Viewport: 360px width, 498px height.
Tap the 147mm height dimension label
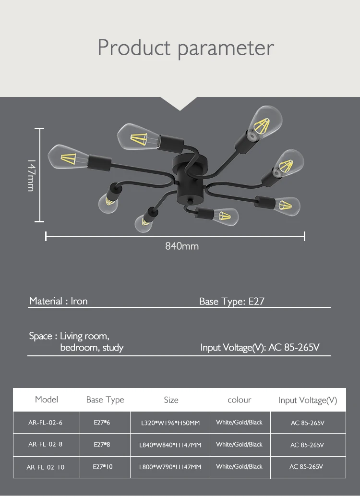31,175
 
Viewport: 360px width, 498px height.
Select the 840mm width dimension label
182,246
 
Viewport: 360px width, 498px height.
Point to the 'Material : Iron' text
58,302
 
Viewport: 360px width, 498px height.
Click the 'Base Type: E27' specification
232,302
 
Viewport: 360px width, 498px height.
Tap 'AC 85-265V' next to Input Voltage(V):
293,347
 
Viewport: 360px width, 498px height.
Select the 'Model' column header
47,400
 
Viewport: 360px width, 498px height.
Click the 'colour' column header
239,400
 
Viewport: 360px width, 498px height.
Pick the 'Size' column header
171,400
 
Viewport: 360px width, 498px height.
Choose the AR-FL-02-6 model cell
45,423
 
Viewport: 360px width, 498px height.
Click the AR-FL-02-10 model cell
45,467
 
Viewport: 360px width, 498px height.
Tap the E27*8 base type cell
102,445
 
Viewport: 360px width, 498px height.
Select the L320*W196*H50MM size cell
170,423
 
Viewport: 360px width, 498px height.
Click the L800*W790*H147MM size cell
170,467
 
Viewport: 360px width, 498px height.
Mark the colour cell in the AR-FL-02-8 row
239,445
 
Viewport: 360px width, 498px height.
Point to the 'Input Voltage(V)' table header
308,400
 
